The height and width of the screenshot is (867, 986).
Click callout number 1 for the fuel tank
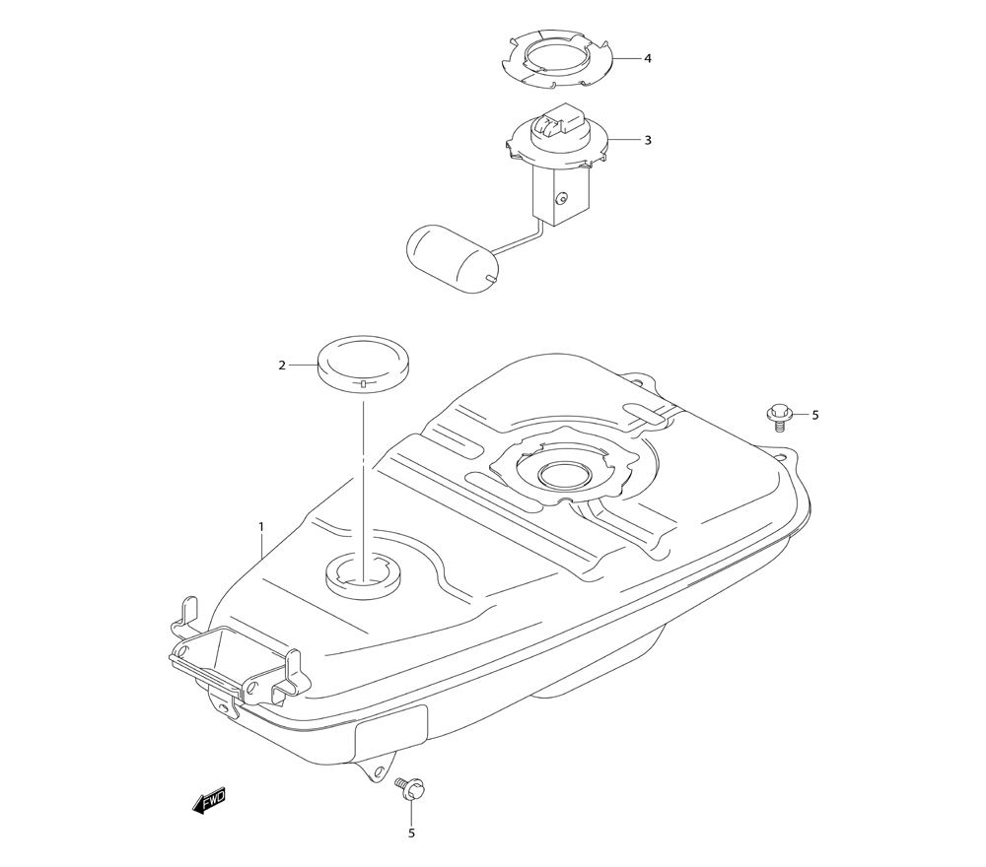pyautogui.click(x=261, y=527)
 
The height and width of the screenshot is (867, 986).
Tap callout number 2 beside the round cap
pyautogui.click(x=282, y=366)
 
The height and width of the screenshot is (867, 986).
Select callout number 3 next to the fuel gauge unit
pyautogui.click(x=648, y=140)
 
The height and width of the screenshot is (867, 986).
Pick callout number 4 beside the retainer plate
pyautogui.click(x=648, y=58)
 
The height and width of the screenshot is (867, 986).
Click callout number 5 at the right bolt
pyautogui.click(x=814, y=415)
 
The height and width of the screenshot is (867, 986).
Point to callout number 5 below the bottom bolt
pyautogui.click(x=411, y=834)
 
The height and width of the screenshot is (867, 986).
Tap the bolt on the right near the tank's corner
pyautogui.click(x=779, y=418)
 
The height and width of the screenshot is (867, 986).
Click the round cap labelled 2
pyautogui.click(x=363, y=362)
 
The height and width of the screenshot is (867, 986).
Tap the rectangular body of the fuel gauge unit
pyautogui.click(x=558, y=197)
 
